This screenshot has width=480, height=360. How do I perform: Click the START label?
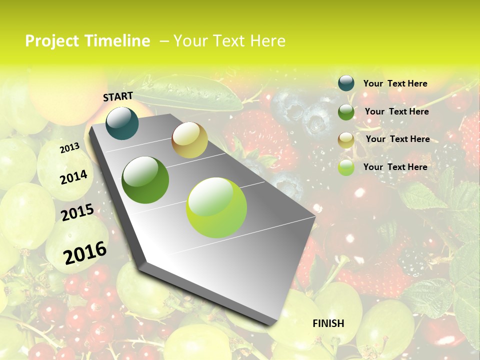(118, 96)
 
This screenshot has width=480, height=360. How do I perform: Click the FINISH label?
(328, 323)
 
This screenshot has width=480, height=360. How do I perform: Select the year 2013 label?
(69, 148)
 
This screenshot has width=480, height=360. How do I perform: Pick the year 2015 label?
(77, 212)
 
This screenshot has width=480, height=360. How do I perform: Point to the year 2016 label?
(85, 253)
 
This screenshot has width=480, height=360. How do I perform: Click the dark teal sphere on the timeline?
(122, 123)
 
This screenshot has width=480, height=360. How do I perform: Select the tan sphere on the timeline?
(189, 140)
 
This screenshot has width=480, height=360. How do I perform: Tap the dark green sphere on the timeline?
(145, 180)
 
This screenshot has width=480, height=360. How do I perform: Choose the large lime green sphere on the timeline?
(216, 207)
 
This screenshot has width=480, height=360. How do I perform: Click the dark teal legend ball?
(346, 83)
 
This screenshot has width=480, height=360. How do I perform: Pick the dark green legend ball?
(346, 112)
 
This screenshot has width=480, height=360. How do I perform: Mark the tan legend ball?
(346, 140)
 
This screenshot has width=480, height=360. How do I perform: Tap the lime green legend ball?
(346, 167)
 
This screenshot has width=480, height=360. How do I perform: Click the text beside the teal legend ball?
(395, 83)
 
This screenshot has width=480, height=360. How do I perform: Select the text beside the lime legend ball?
(395, 167)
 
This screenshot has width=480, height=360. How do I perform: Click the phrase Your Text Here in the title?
(229, 41)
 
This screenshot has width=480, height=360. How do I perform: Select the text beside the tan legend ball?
(397, 139)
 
